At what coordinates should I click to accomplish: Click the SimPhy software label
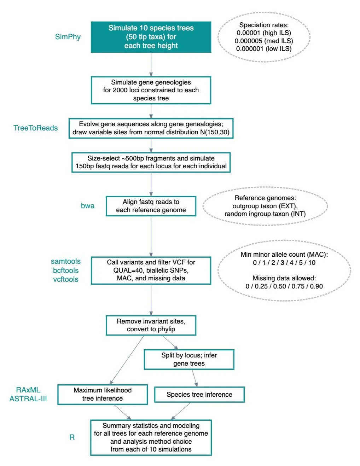pos(68,37)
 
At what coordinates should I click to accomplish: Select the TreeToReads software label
pos(35,128)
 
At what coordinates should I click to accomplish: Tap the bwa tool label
pos(87,206)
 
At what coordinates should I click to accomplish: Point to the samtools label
pos(66,261)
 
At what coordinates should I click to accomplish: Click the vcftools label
pos(66,279)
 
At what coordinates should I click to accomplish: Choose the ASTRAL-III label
pos(28,399)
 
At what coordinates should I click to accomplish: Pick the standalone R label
pos(72,437)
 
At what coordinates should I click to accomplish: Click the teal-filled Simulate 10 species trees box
pos(151,37)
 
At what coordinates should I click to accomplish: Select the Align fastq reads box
pos(151,206)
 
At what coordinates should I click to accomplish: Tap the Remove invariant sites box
pos(151,325)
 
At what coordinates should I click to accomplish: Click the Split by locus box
pos(189,359)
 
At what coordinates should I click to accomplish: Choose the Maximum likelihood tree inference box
pos(103,394)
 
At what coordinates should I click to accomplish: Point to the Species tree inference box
pos(199,395)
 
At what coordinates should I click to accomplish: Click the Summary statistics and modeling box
pos(151,437)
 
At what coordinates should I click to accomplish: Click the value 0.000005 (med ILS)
pos(264,41)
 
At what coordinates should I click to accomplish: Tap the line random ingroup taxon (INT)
pos(265,214)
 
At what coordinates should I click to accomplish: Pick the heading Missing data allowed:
pos(284,278)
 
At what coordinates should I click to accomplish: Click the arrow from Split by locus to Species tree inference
pos(194,378)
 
